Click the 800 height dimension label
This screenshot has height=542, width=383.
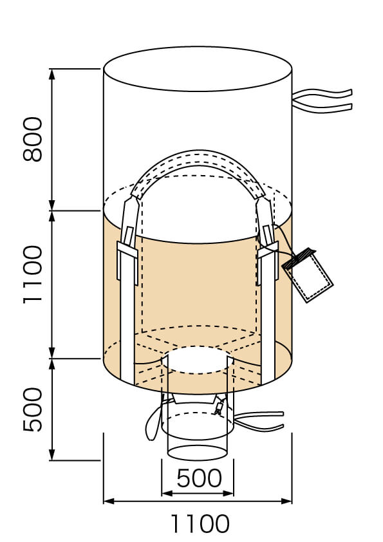coord(33,139)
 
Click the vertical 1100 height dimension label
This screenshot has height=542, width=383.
coord(33,275)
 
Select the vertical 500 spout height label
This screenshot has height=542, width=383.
coord(33,409)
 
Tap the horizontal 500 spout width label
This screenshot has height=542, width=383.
coord(199,478)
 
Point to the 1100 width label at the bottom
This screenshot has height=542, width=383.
coord(200,524)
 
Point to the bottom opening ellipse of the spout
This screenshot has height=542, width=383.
coord(198,453)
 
